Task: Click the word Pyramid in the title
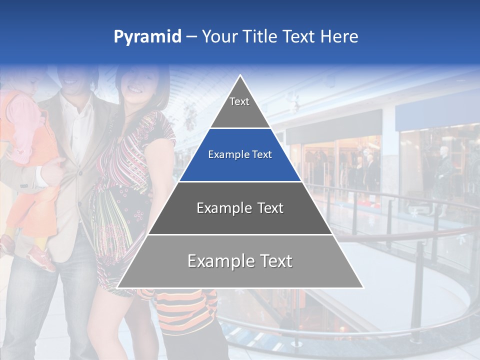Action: pos(147,37)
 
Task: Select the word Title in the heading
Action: pos(260,37)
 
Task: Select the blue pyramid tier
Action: pos(240,155)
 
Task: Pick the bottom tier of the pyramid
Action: pos(240,261)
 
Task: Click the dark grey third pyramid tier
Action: pos(240,208)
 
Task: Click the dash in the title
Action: pos(191,37)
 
